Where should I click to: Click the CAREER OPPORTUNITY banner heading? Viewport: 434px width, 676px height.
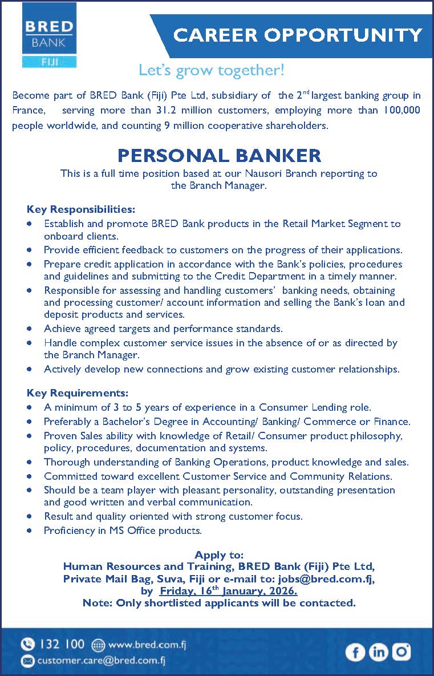(x=298, y=35)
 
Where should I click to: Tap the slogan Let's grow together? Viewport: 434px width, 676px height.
(x=211, y=71)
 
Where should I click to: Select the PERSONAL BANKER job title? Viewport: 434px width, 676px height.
(x=219, y=155)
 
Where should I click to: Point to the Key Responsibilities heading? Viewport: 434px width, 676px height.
(x=80, y=209)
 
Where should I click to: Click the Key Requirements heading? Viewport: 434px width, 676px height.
(x=78, y=394)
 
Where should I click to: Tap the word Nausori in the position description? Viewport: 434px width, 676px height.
(x=267, y=173)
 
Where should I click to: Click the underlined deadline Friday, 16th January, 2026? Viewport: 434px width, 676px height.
(x=228, y=591)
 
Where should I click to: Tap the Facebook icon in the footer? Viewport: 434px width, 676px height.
(x=355, y=651)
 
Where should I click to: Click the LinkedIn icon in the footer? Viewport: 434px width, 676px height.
(x=378, y=651)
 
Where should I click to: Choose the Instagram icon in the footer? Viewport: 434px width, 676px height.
(x=401, y=651)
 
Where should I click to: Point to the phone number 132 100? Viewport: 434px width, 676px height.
(x=62, y=645)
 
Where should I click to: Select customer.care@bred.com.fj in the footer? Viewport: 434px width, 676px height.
(x=102, y=661)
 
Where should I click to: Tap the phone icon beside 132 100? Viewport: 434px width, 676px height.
(x=27, y=645)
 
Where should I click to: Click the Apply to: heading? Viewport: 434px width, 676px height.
(x=219, y=555)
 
